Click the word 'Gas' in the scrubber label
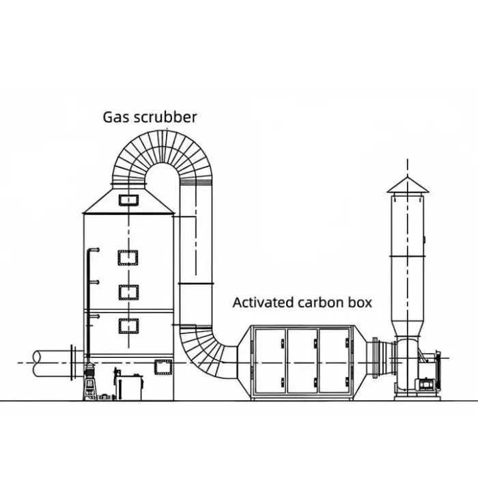tap(115, 117)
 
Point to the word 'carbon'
tap(320, 303)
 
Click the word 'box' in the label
tap(360, 303)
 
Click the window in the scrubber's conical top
tap(128, 199)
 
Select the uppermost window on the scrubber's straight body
tap(128, 259)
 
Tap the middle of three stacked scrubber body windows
tap(128, 292)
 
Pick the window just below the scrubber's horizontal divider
tap(128, 326)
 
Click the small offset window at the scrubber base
tap(163, 367)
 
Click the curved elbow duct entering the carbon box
tap(208, 348)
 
